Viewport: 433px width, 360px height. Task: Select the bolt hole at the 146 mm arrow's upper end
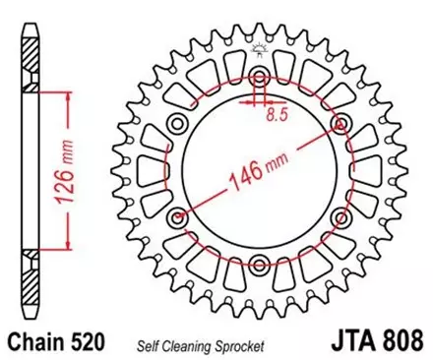point(340,124)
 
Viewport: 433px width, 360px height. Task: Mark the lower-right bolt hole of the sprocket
point(340,217)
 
